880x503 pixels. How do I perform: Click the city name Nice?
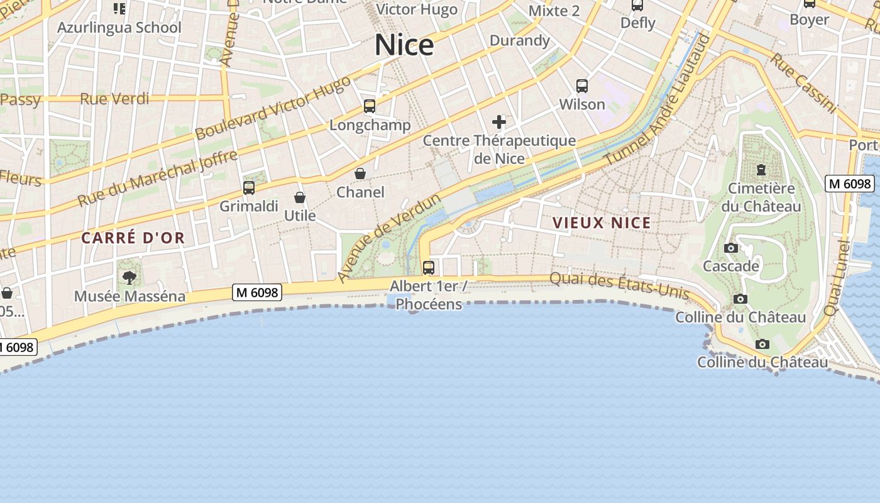coord(404,45)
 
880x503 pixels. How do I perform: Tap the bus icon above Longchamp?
coord(370,106)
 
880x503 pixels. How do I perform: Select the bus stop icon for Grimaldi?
coord(249,187)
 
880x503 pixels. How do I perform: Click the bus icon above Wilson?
coord(582,86)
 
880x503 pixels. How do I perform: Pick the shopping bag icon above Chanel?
coord(360,173)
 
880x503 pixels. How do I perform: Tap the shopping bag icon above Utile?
coord(300,197)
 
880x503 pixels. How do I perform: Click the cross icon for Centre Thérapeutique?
coord(499,121)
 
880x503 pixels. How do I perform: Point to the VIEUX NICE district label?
coord(602,223)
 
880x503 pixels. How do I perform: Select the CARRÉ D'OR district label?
coord(133,238)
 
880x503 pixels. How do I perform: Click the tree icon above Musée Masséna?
coord(129,277)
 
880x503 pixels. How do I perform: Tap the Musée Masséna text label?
coord(129,296)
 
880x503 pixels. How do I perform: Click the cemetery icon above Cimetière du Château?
coord(761,170)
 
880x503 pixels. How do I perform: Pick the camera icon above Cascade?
coord(730,248)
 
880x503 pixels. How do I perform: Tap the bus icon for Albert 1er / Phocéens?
coord(429,267)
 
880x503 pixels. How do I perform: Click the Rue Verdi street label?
coord(114,99)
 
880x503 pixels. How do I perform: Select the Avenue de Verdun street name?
coord(390,238)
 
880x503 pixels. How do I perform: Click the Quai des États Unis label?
coord(619,285)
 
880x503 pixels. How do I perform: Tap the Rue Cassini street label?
coord(803,82)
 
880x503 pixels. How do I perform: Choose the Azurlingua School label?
coord(119,28)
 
